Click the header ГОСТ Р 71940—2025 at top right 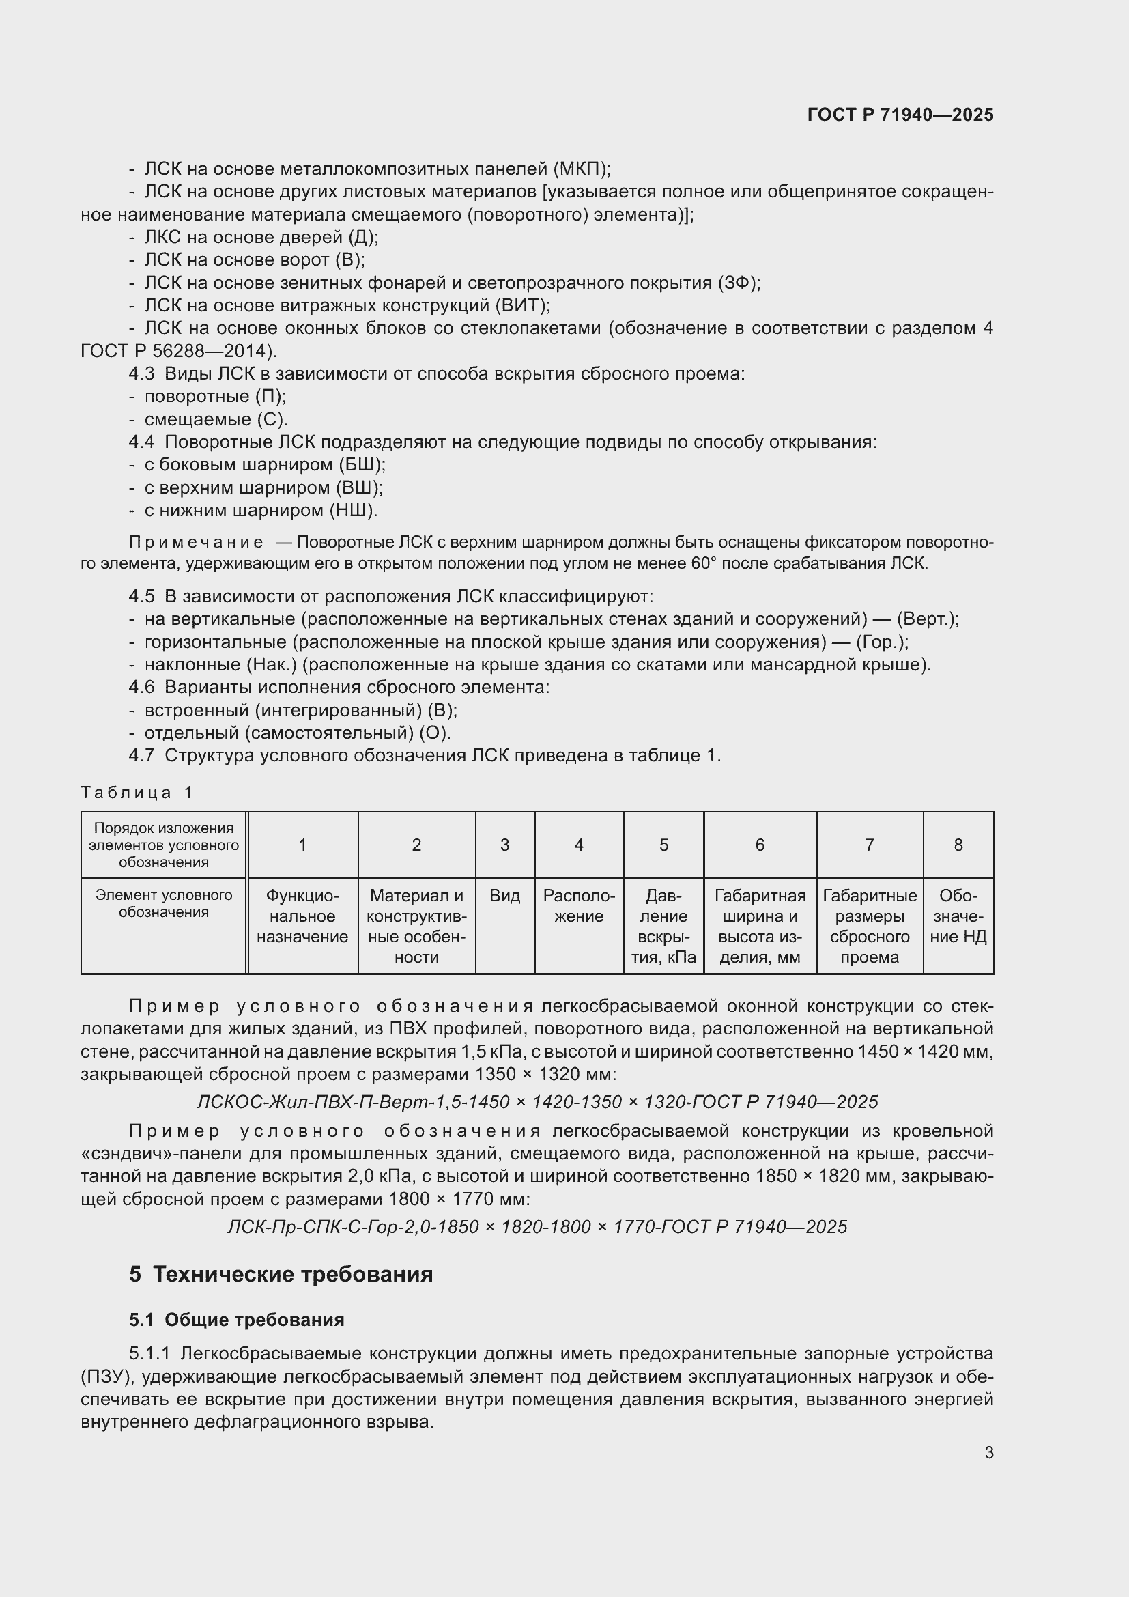(900, 115)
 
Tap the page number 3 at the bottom (988, 1452)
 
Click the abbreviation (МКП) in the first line (581, 169)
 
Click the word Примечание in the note (197, 543)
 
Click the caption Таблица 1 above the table (137, 792)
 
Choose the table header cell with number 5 (663, 845)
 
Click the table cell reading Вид (504, 896)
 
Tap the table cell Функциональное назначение (302, 916)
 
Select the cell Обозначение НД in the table (958, 916)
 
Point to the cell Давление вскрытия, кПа (663, 927)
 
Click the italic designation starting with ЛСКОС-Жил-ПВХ (537, 1103)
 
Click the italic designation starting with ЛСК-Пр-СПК (537, 1227)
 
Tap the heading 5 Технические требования (281, 1274)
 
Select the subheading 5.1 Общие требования (236, 1320)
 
